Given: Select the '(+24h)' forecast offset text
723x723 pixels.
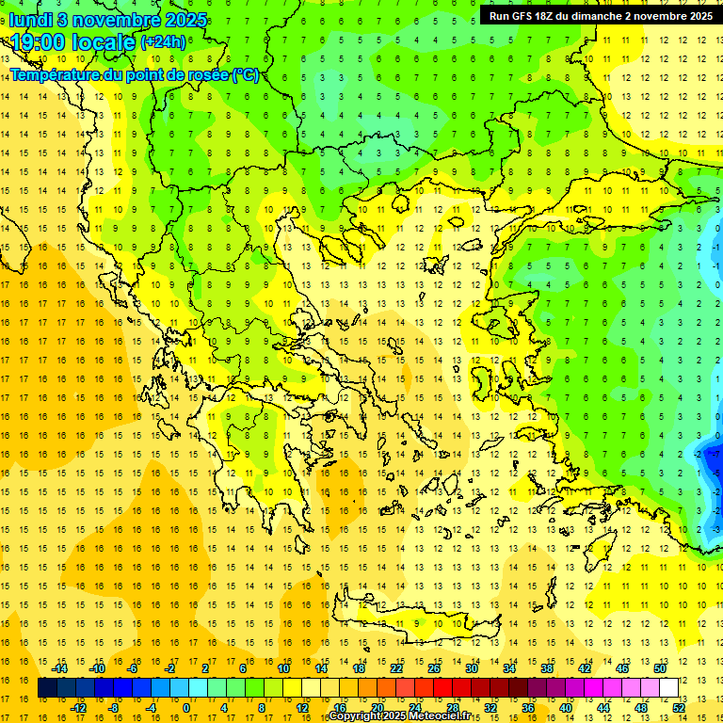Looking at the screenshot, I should (x=163, y=42).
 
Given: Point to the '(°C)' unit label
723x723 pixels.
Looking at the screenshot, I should (x=245, y=74).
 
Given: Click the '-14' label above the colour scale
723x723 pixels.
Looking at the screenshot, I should (x=59, y=668).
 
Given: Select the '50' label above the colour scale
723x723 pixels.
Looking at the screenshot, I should (x=659, y=668).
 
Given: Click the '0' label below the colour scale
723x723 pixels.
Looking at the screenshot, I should (x=186, y=707).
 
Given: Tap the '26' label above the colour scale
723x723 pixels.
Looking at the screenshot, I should (x=434, y=668).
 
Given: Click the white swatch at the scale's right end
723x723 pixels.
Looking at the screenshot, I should (x=668, y=687).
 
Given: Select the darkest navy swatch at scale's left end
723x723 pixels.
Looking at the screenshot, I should (x=47, y=687).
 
